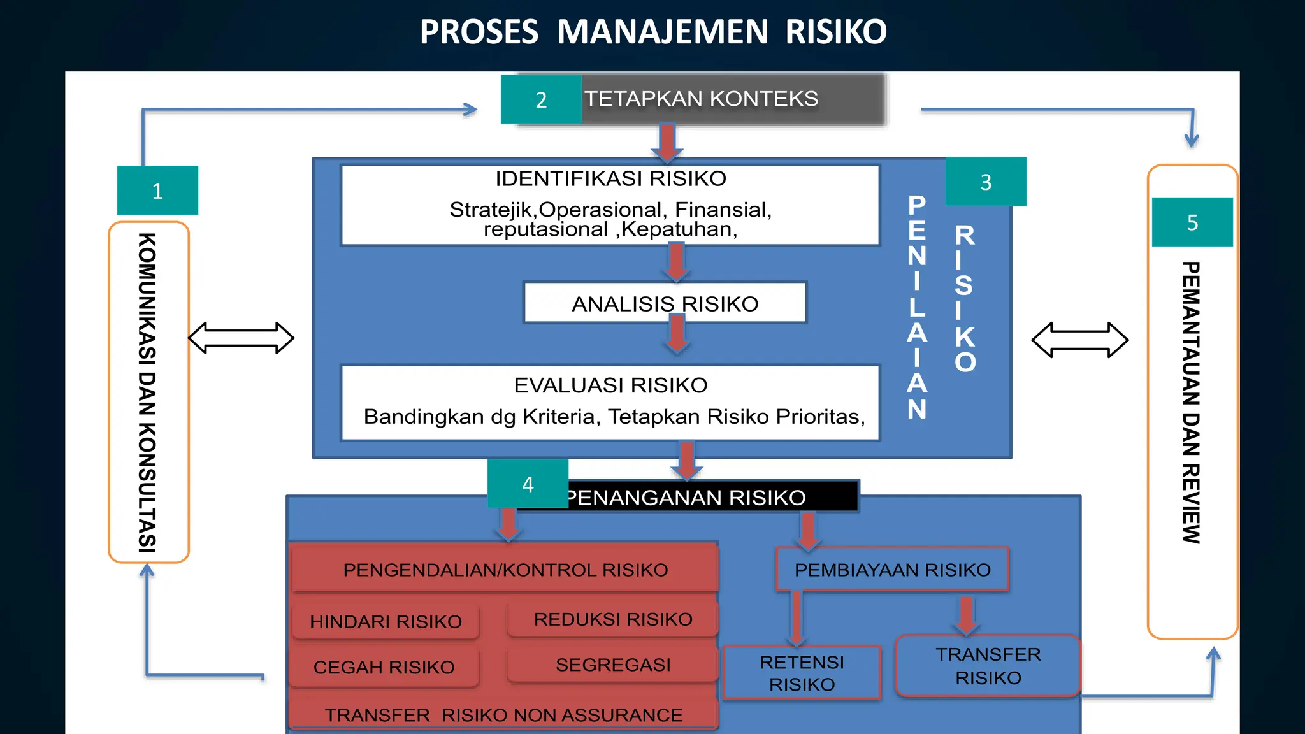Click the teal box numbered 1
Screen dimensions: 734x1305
tap(157, 191)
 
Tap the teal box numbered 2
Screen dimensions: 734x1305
tap(541, 99)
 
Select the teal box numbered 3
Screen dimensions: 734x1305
tap(986, 182)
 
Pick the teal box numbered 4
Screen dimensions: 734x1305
tap(528, 484)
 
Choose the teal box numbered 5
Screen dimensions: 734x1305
tap(1192, 222)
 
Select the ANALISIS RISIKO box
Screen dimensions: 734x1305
tap(665, 303)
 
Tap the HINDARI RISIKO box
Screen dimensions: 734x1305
tap(386, 621)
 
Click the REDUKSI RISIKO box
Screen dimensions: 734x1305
tap(612, 619)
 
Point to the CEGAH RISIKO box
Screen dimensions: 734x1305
tap(384, 667)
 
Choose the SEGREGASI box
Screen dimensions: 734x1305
tap(612, 665)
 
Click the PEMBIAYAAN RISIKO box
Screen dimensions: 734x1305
tap(892, 569)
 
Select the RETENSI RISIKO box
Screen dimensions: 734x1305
tap(802, 673)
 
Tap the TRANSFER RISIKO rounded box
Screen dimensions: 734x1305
tap(988, 666)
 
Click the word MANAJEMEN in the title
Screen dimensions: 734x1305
tap(662, 32)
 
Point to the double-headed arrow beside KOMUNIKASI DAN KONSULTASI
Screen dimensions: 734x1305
tap(242, 338)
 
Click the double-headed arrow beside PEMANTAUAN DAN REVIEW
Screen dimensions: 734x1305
tap(1080, 340)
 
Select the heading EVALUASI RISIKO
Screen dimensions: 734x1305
tap(610, 385)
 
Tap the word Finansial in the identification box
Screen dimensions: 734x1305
tap(723, 209)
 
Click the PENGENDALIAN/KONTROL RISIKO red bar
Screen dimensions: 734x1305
tap(505, 569)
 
